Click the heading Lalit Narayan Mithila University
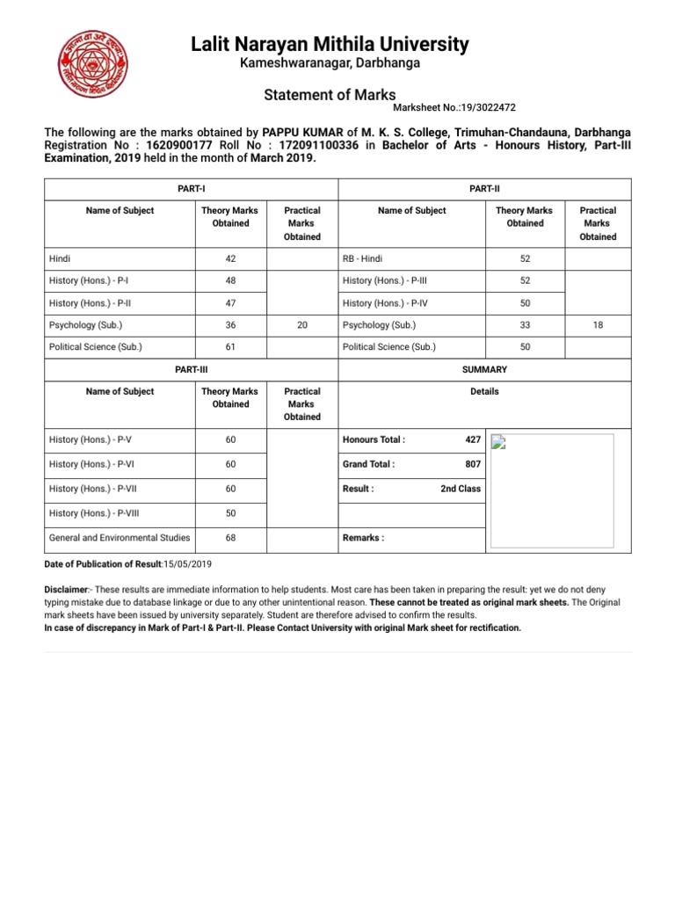[330, 44]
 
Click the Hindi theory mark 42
[230, 259]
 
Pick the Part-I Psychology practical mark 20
[302, 325]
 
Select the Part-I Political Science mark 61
[230, 347]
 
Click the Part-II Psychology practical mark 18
[598, 325]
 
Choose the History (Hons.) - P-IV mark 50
[524, 303]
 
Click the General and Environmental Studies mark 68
[230, 538]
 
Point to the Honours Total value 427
[472, 439]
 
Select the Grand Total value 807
[472, 464]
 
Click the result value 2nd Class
[461, 489]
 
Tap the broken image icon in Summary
[498, 442]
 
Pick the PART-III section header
[191, 370]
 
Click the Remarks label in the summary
[363, 538]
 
